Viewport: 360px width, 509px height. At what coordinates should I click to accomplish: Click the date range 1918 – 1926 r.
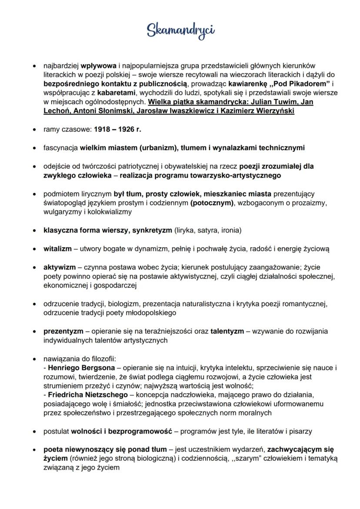pyautogui.click(x=117, y=130)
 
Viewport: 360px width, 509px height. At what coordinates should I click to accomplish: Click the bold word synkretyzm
pyautogui.click(x=152, y=230)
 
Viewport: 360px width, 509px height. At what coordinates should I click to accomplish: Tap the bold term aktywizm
pyautogui.click(x=58, y=267)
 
